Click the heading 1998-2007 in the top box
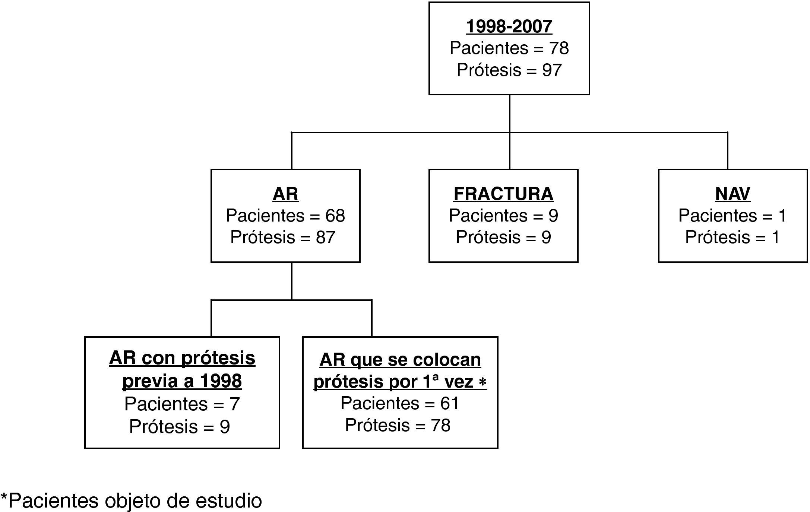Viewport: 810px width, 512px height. point(509,27)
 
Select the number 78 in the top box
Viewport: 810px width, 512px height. point(559,48)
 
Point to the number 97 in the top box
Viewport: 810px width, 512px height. point(552,70)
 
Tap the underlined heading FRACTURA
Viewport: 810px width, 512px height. point(503,194)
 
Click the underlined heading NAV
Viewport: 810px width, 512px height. point(733,194)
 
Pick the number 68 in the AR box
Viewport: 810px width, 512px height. point(335,216)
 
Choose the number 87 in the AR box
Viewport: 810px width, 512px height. point(326,238)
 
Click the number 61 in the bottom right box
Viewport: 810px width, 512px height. point(449,404)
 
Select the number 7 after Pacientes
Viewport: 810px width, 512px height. point(234,404)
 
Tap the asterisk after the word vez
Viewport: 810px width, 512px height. point(482,383)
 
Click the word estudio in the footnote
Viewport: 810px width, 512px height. point(229,501)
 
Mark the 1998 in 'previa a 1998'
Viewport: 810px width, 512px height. point(221,381)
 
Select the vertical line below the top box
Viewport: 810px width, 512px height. point(509,113)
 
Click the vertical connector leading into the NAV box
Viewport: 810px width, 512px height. point(727,151)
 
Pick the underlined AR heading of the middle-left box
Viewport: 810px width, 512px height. point(285,194)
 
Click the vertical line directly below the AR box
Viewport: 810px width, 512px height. point(291,281)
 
